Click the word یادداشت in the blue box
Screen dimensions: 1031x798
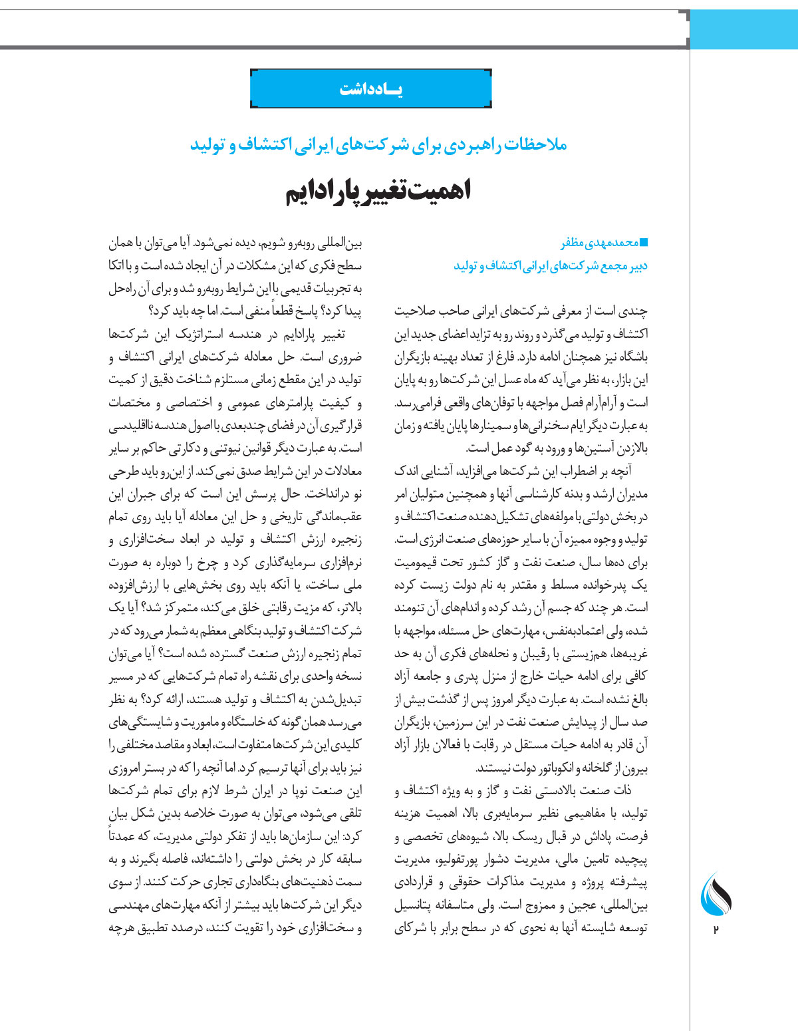(x=371, y=89)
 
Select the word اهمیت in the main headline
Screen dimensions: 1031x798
(x=442, y=192)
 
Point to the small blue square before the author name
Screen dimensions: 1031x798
(x=643, y=242)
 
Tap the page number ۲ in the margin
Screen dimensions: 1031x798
(x=716, y=929)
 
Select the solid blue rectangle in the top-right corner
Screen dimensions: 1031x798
(x=744, y=29)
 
